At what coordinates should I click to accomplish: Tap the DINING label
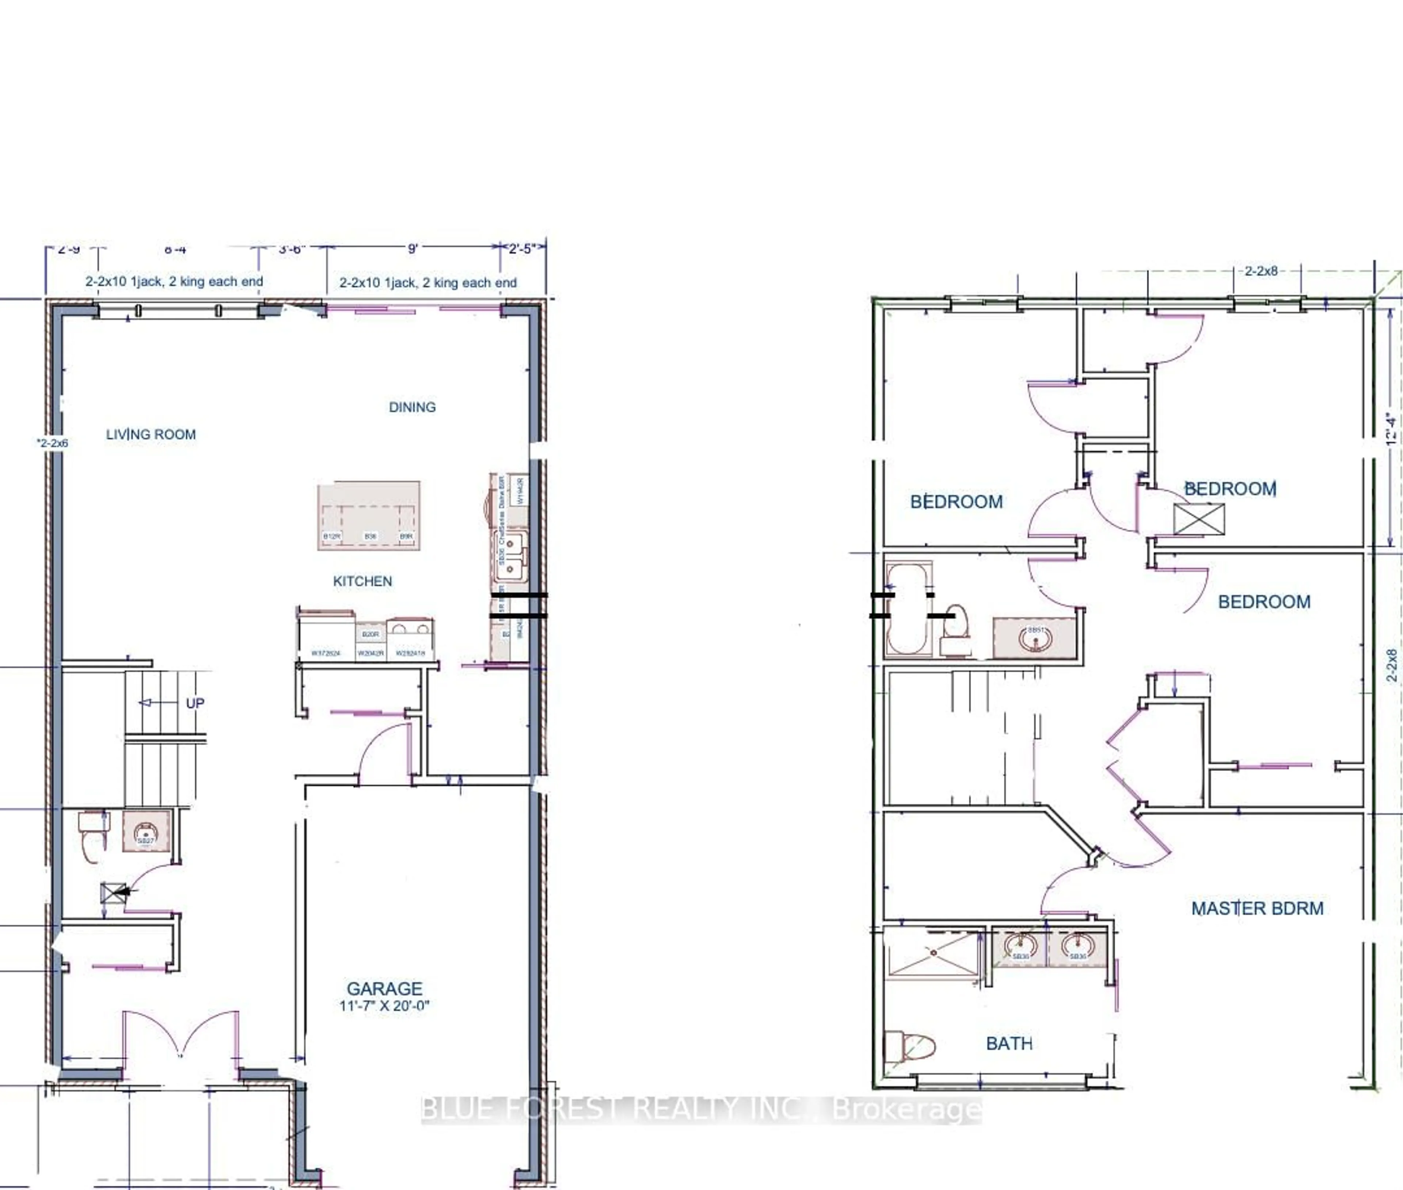412,407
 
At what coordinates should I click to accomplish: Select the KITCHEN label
362,581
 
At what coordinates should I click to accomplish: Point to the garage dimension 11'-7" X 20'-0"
384,1006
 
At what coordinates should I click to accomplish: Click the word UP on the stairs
195,703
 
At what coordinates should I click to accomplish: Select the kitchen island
369,516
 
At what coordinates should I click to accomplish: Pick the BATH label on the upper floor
1009,1043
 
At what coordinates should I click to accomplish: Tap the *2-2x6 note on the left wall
53,443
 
